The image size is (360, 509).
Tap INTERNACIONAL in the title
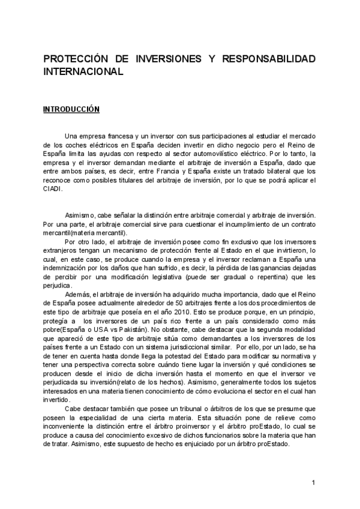pos(83,71)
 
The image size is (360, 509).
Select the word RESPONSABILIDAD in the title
pos(269,60)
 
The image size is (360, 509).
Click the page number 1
pos(314,482)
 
